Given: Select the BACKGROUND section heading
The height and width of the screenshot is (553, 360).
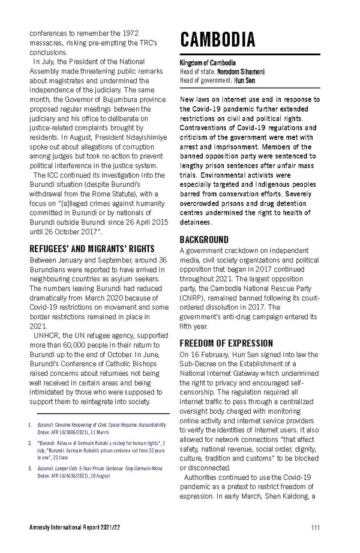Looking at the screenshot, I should (x=204, y=239).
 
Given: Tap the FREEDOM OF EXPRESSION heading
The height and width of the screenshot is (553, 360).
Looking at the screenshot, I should (x=226, y=343).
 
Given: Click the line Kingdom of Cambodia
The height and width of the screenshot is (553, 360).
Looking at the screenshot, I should (x=208, y=63).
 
